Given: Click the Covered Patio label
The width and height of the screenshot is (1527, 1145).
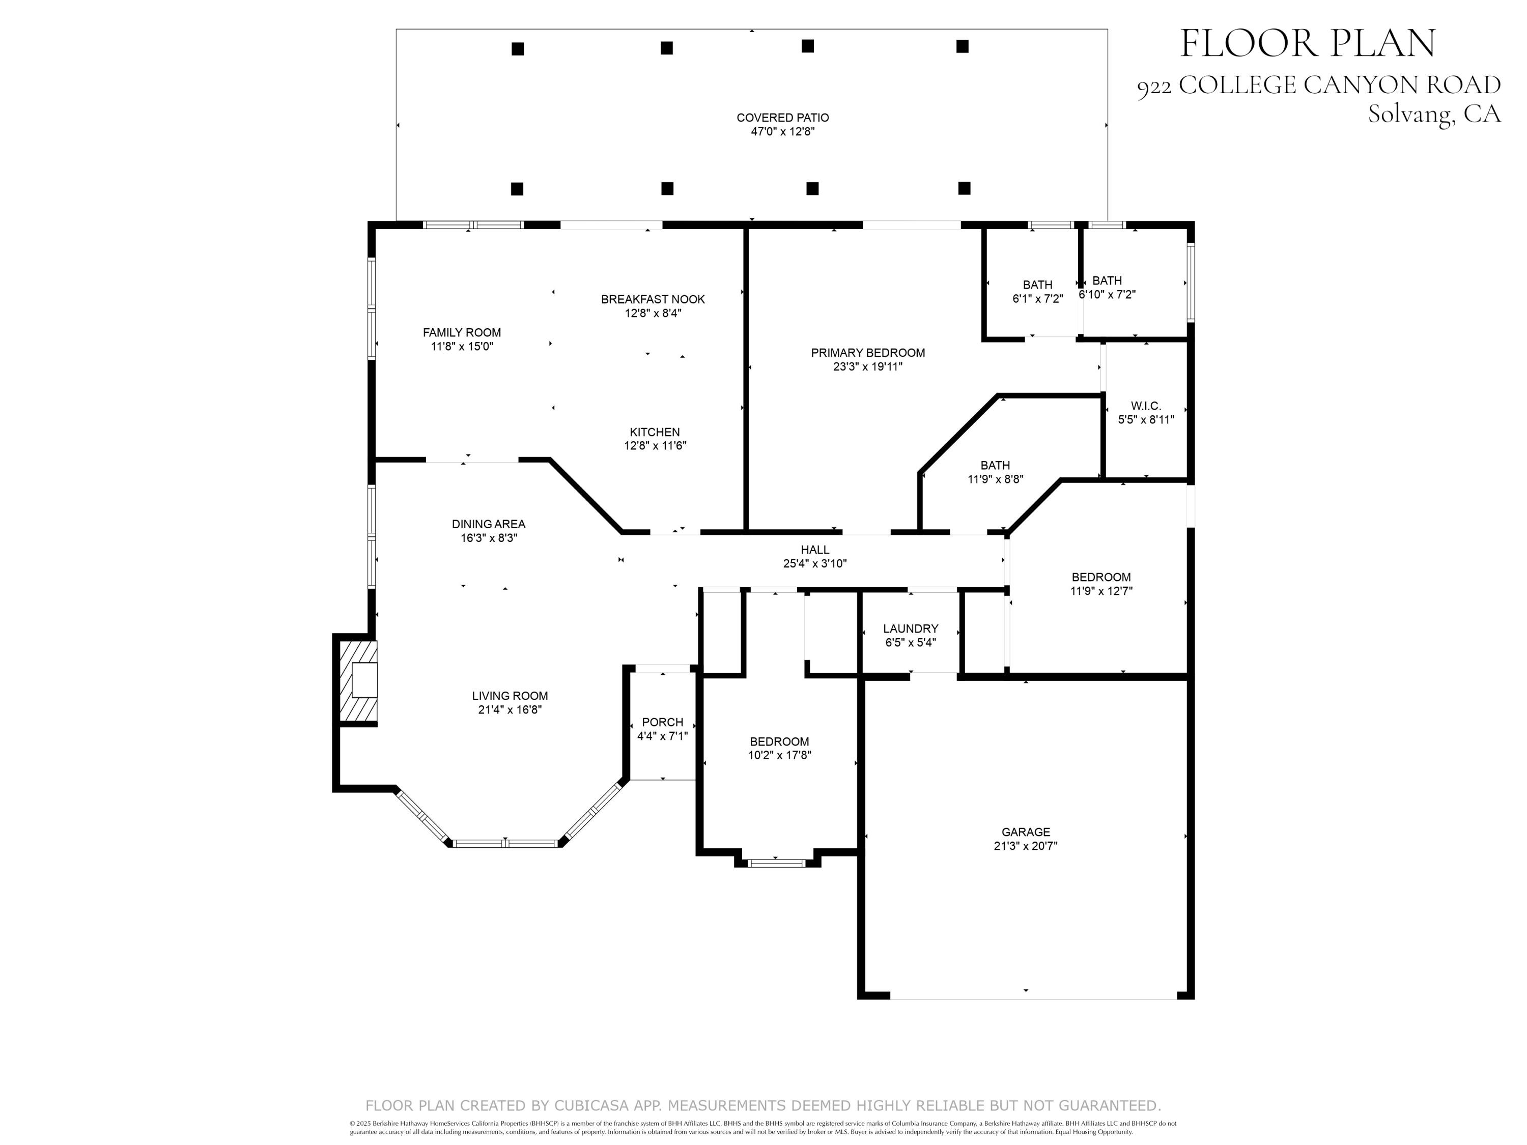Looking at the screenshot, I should click(x=782, y=118).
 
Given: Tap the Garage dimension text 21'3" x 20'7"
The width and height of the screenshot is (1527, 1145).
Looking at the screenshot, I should click(x=1025, y=845).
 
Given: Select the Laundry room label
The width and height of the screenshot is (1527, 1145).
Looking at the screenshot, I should click(x=910, y=629).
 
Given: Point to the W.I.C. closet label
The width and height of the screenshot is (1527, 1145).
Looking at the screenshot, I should click(x=1145, y=406).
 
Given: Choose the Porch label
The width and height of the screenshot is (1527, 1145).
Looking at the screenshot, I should click(x=662, y=722).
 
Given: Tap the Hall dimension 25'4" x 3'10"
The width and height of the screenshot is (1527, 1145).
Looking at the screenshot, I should click(x=814, y=563).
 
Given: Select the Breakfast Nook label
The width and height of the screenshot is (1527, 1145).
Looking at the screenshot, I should click(x=653, y=300).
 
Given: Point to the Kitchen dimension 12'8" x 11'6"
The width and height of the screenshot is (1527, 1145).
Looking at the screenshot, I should click(x=655, y=446).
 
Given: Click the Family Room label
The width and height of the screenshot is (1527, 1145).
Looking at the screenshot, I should click(x=462, y=333).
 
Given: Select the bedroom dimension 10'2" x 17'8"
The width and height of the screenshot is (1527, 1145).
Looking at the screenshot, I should click(x=779, y=755).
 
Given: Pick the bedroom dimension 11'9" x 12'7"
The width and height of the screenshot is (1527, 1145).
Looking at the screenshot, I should click(x=1100, y=591).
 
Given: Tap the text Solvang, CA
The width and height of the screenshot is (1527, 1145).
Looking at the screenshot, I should click(x=1434, y=114).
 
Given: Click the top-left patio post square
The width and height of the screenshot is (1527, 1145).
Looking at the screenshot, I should click(x=517, y=49).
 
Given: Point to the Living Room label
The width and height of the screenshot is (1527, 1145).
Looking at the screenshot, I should click(x=510, y=696).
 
